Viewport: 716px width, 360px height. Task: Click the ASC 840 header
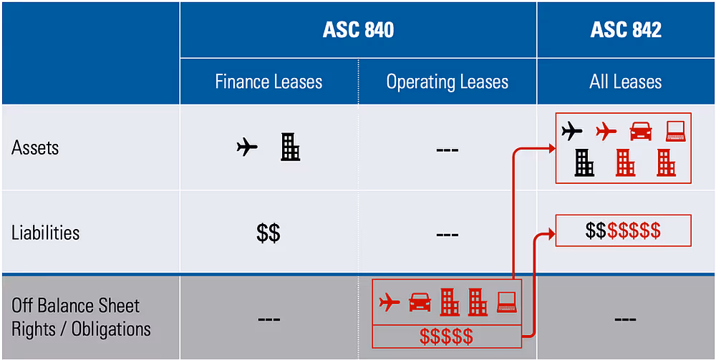(x=358, y=29)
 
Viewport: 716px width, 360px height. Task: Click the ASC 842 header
(x=626, y=29)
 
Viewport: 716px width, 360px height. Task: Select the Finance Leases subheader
(x=268, y=82)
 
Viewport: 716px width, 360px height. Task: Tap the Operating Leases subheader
(x=447, y=82)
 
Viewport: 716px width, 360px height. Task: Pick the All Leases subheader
(x=626, y=82)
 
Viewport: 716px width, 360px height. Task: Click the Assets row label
(x=35, y=148)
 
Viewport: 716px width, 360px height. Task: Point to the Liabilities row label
(x=45, y=233)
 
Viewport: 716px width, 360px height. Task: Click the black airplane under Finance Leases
(x=247, y=148)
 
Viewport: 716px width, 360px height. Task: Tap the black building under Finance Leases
(x=290, y=147)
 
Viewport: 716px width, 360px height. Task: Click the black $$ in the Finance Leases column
(x=268, y=233)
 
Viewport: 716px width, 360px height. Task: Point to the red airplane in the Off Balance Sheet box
(x=390, y=302)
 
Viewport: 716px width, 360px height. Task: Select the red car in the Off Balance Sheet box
(x=420, y=303)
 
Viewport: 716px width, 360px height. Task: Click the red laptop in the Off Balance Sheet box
(x=506, y=302)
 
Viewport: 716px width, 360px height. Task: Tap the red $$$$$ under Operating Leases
(x=447, y=335)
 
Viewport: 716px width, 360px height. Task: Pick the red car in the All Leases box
(x=641, y=131)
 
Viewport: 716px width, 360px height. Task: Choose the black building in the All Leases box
(x=584, y=162)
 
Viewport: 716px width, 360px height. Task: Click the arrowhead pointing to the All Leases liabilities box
(x=551, y=231)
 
